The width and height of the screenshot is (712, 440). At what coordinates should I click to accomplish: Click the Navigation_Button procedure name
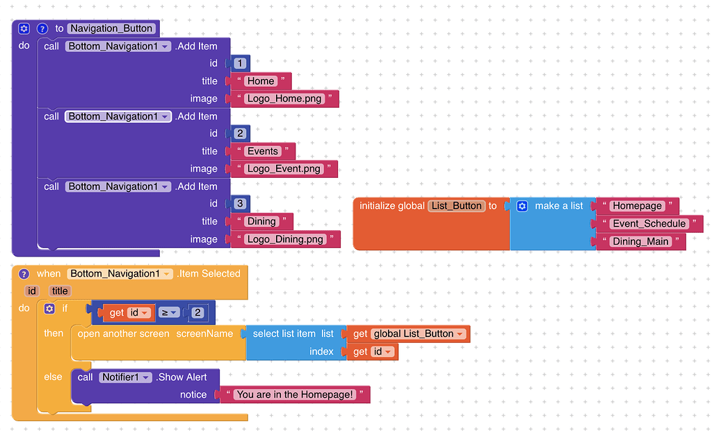(111, 28)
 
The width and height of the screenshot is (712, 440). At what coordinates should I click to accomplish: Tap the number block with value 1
(240, 63)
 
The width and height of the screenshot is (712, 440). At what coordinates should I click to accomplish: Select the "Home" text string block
(261, 81)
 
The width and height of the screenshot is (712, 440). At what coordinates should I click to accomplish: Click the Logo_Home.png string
(284, 99)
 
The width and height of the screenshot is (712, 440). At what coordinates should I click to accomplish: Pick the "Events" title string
(262, 151)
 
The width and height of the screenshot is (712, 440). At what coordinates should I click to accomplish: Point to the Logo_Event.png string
(284, 169)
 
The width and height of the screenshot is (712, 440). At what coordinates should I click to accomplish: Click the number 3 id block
(240, 204)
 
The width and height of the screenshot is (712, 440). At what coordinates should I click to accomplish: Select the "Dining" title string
(261, 222)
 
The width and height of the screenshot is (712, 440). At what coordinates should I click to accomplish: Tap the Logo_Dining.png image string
(285, 239)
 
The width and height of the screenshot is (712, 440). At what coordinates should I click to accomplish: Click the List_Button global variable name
(456, 206)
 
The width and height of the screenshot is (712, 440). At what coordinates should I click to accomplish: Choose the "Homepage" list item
(637, 206)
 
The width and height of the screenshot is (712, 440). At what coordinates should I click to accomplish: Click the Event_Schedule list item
(649, 224)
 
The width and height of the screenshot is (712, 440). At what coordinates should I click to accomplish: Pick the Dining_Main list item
(640, 242)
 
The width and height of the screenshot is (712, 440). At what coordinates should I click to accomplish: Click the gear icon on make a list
(522, 206)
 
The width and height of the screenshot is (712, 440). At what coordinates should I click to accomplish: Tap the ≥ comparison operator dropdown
(170, 313)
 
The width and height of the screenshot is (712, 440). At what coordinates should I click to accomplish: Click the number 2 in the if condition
(197, 313)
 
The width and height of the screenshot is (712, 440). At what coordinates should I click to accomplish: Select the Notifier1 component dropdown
(125, 377)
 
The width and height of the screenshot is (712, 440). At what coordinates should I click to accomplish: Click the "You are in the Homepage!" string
(295, 395)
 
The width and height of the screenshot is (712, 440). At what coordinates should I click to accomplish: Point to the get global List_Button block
(408, 334)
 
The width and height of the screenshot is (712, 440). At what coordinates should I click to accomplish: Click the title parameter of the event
(60, 291)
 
